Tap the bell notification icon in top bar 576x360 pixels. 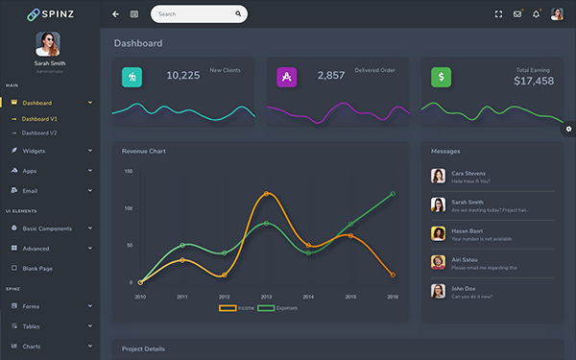coord(536,14)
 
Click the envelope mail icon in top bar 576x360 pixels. coord(517,14)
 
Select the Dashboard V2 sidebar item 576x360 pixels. coord(39,132)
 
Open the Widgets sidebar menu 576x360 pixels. coord(34,151)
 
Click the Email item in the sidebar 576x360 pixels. coord(30,190)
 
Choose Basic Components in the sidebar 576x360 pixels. coord(47,228)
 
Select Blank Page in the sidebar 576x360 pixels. coord(37,268)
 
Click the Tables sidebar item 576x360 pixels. coord(32,325)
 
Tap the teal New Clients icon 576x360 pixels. coord(132,77)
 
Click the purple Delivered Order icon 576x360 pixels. coord(285,77)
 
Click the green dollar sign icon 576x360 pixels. coord(441,77)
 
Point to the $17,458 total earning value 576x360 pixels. coord(533,82)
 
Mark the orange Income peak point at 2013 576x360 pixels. coord(266,194)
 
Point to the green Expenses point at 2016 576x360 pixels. coord(393,194)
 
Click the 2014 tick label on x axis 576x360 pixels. coord(308,298)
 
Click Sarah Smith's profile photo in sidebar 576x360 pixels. coord(49,44)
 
